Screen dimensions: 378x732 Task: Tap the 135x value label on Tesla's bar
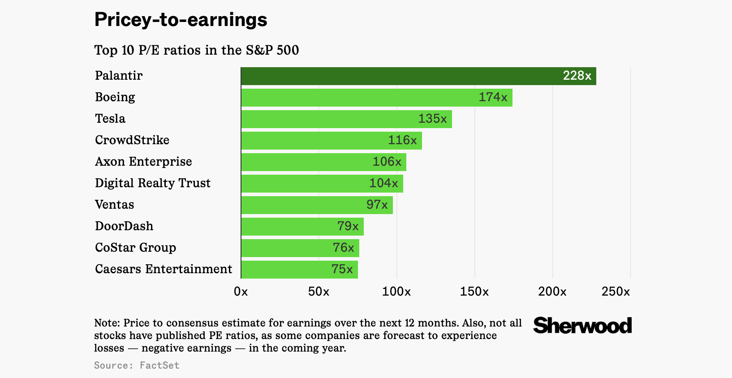tap(432, 119)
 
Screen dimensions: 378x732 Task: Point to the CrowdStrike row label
tap(132, 140)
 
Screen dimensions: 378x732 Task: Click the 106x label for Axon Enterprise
tap(387, 162)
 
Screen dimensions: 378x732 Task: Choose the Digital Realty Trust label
tap(153, 183)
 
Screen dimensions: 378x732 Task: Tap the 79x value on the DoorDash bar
tap(348, 226)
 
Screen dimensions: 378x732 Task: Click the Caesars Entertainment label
tap(164, 269)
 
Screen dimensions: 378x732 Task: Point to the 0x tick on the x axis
tap(241, 292)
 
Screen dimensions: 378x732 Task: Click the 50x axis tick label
tap(319, 292)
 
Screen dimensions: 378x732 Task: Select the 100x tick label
tap(396, 292)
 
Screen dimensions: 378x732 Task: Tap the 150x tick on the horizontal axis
tap(474, 292)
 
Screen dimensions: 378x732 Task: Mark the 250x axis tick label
tap(616, 292)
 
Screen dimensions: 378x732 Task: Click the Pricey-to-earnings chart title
tap(181, 20)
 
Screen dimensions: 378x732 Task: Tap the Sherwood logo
tap(582, 326)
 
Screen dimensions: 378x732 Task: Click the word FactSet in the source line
tap(159, 365)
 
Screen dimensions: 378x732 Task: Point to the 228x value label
tap(577, 76)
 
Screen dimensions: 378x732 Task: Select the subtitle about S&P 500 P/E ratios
tap(197, 50)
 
